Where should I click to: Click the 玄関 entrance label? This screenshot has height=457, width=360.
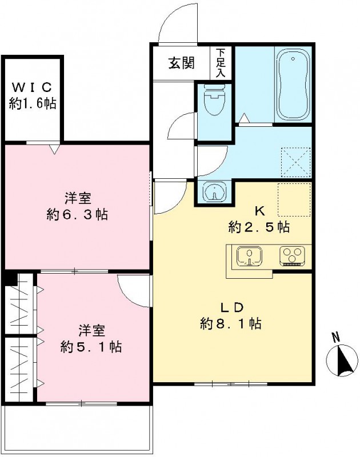click(x=181, y=63)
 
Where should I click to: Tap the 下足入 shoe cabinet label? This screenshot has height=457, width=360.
click(x=221, y=63)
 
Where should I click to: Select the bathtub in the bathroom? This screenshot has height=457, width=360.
click(x=293, y=85)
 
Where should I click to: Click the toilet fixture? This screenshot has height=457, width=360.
click(x=214, y=101)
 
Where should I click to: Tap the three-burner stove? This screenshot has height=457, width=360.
click(x=292, y=256)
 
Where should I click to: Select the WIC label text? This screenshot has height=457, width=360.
click(x=32, y=87)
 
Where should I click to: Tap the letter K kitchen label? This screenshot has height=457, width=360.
click(x=258, y=211)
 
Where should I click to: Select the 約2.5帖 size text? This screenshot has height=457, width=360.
click(x=258, y=227)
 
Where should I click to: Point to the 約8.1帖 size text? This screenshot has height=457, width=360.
click(x=231, y=324)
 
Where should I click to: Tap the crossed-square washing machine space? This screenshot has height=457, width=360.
click(x=296, y=162)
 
